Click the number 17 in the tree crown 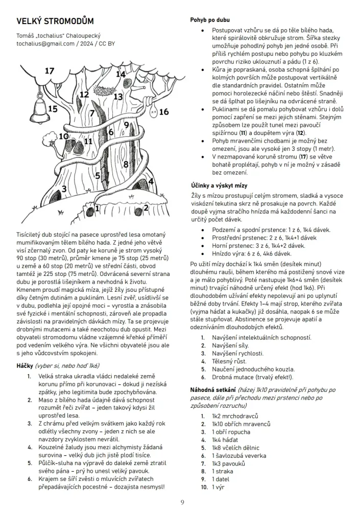[x=49, y=71]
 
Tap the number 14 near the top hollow [x=121, y=75]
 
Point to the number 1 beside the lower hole [x=97, y=208]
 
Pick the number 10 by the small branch [x=63, y=136]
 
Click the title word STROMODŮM [x=69, y=21]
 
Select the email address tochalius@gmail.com [x=46, y=44]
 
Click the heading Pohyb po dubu [x=210, y=20]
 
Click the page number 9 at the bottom [x=182, y=502]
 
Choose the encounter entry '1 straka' [x=224, y=472]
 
